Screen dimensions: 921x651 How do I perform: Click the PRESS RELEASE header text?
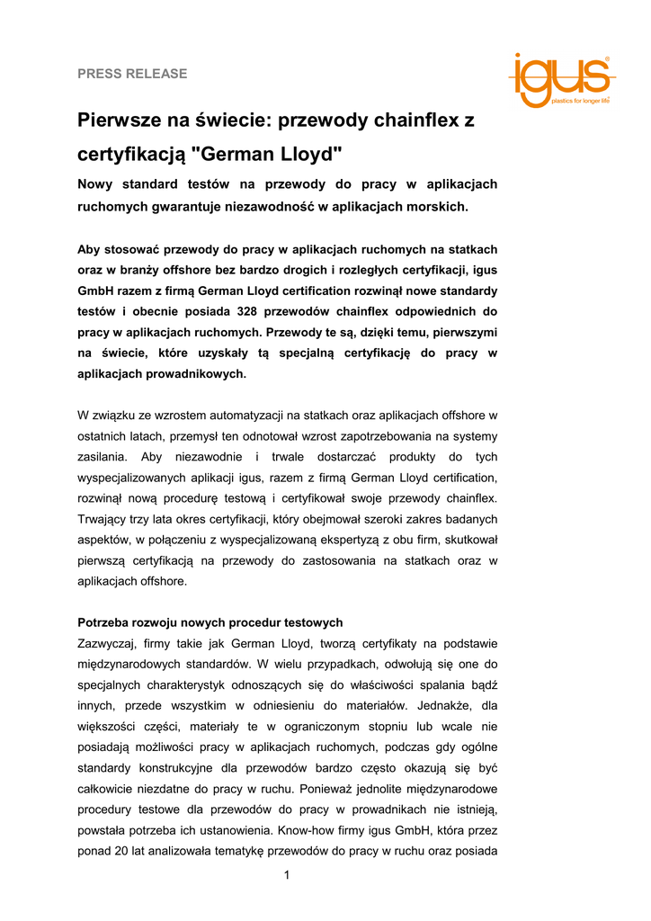tap(132, 74)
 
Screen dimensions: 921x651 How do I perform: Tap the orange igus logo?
tap(557, 79)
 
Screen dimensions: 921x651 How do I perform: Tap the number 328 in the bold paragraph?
tap(251, 311)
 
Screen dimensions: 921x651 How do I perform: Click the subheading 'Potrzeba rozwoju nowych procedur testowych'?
tap(210, 622)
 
